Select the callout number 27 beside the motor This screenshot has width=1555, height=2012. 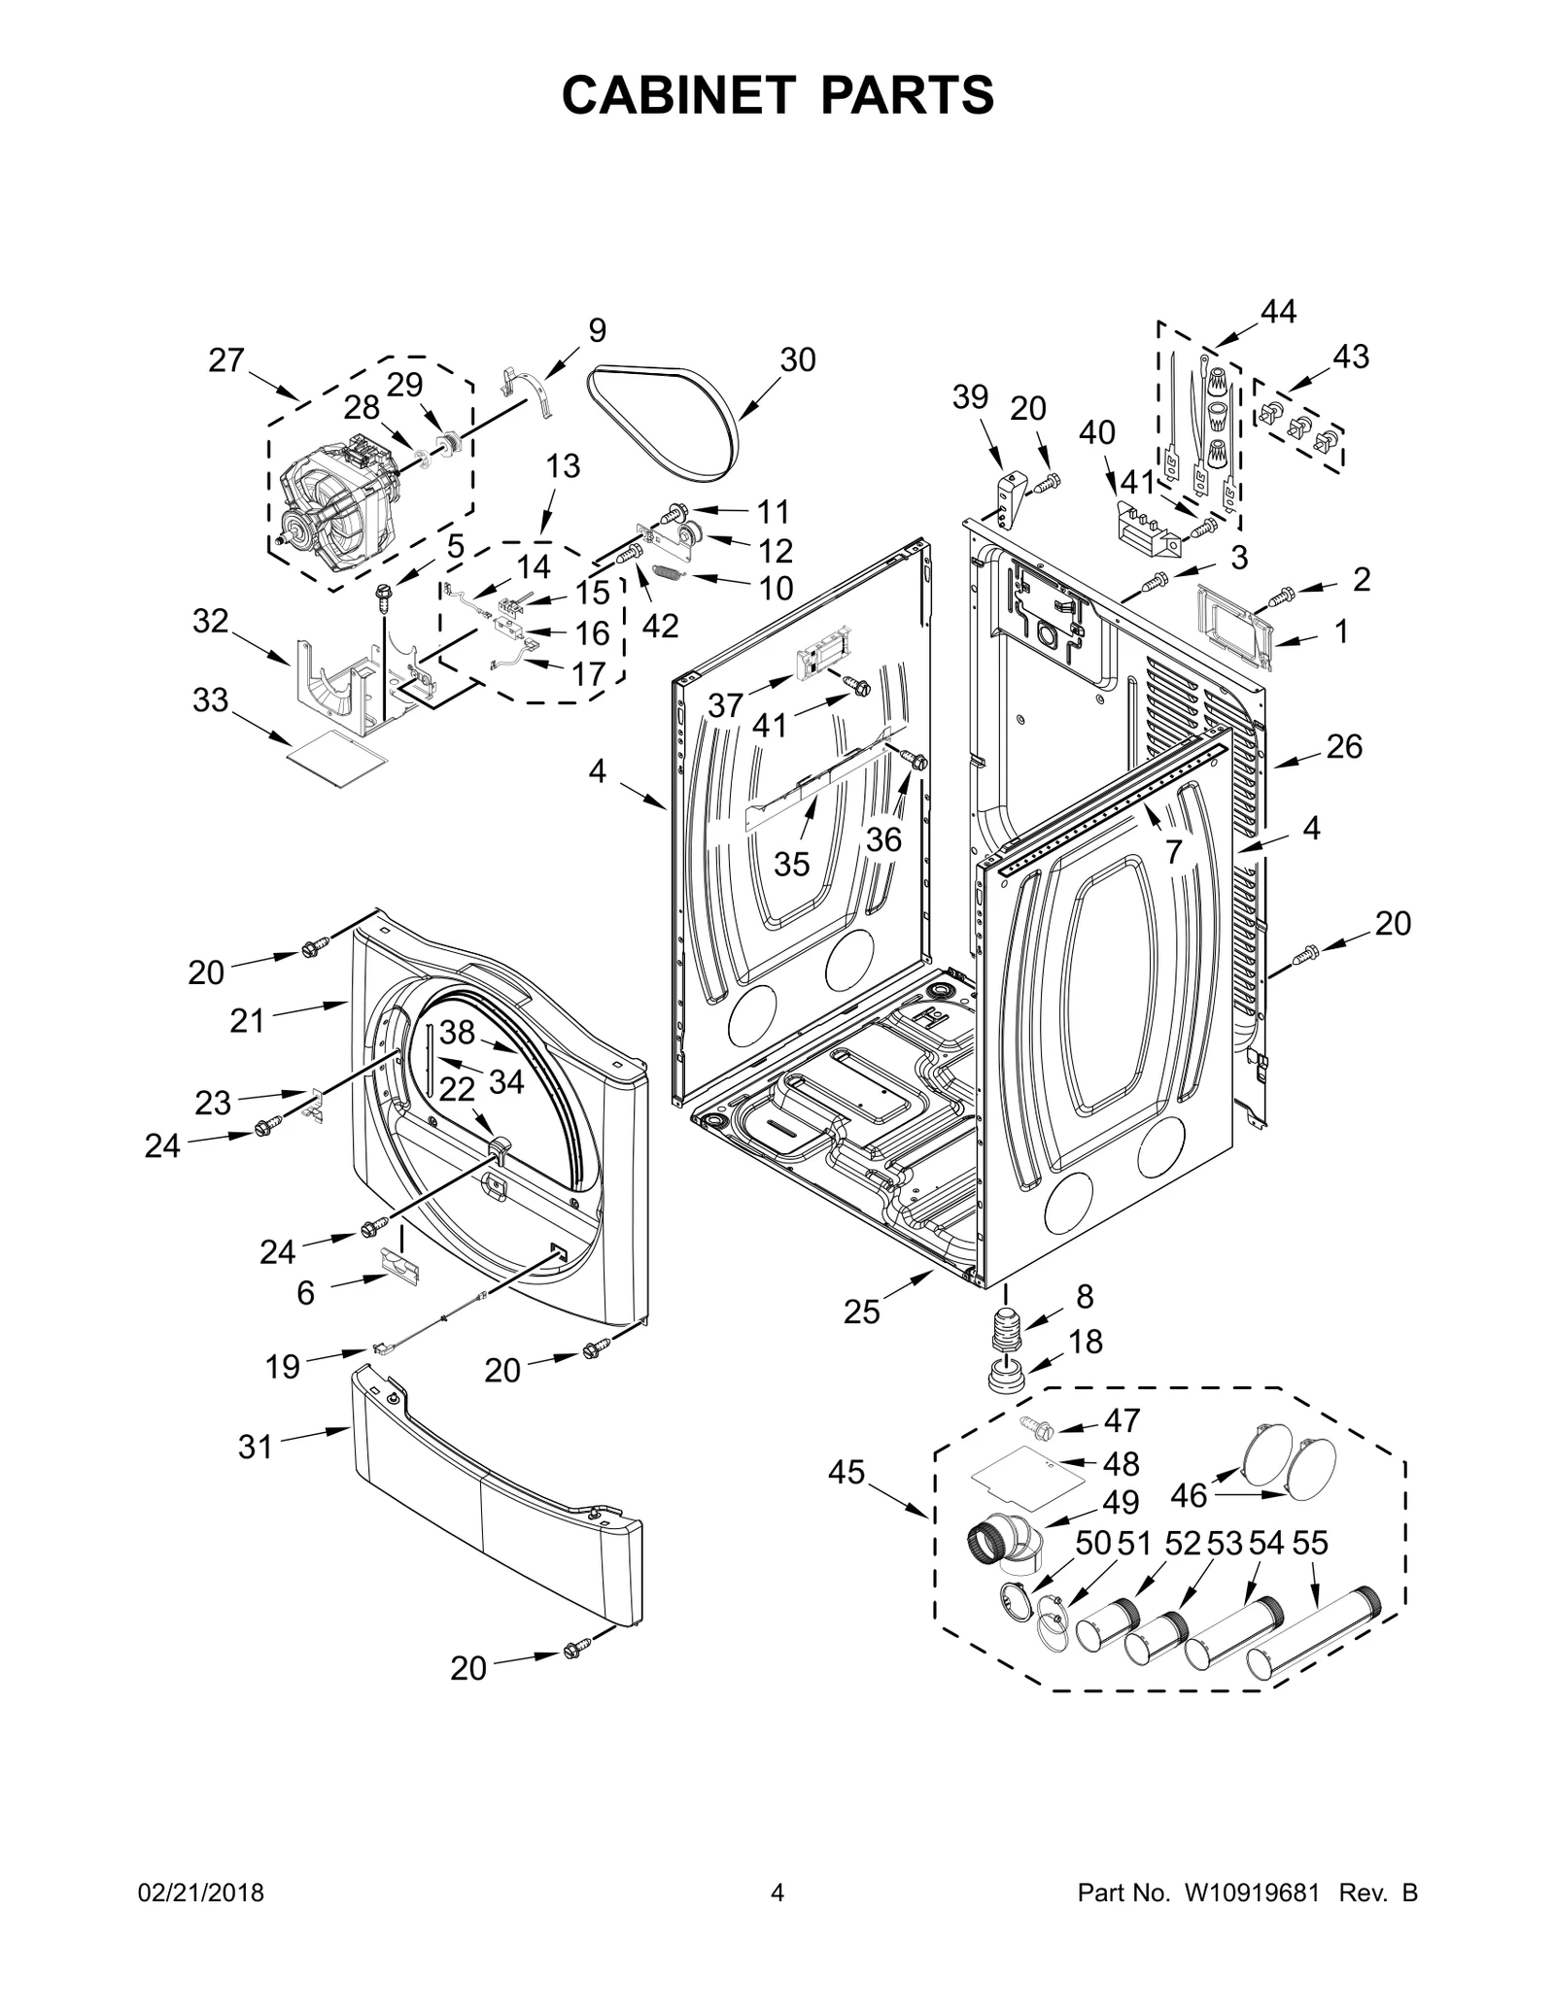point(226,360)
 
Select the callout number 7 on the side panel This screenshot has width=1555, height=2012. point(1173,852)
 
